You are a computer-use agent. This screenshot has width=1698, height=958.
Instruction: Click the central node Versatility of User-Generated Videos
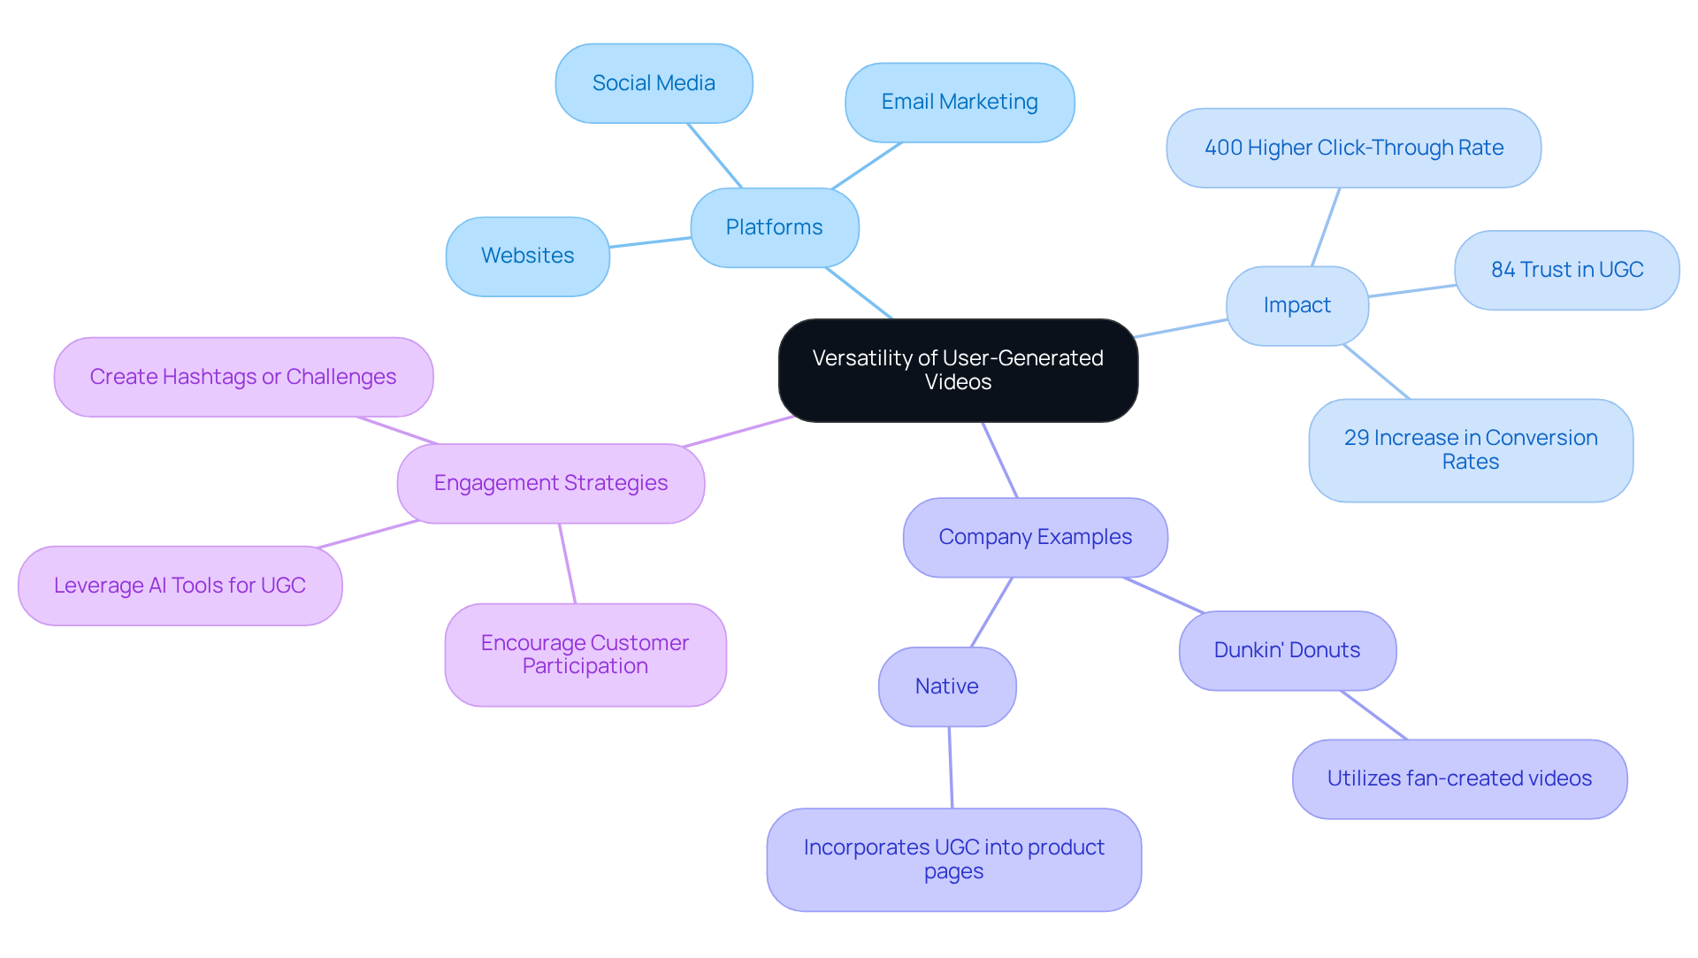[x=958, y=370]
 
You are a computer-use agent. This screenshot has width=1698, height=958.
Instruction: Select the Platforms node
[x=774, y=227]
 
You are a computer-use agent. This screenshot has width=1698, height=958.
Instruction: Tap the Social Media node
[x=654, y=83]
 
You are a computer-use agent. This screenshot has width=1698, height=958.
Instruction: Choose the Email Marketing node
[x=960, y=102]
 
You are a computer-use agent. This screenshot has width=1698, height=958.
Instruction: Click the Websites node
[x=527, y=256]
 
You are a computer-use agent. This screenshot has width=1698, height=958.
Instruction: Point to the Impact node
[x=1296, y=305]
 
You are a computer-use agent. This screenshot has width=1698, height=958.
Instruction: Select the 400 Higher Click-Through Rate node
[x=1353, y=148]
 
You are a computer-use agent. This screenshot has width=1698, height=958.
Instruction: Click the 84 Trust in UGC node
[x=1566, y=270]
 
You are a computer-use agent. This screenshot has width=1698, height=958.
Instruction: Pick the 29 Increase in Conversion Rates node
[x=1470, y=449]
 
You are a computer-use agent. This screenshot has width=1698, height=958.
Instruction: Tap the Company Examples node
[x=1035, y=537]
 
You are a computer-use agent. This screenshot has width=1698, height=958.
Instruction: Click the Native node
[x=946, y=686]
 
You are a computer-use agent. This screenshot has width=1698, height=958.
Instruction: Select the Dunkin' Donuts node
[x=1287, y=650]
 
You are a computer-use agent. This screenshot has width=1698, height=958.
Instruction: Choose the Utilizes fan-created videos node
[x=1459, y=778]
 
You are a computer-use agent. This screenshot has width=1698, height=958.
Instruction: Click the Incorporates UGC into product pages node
[x=953, y=859]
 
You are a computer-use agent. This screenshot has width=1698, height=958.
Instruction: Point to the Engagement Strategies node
[x=550, y=483]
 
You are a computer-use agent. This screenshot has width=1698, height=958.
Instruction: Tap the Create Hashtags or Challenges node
[x=242, y=377]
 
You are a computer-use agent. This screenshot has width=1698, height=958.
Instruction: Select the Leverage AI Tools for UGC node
[x=180, y=586]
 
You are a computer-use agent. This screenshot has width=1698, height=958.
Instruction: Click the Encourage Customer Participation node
[x=585, y=655]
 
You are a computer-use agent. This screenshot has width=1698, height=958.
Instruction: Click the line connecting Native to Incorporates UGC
[x=951, y=767]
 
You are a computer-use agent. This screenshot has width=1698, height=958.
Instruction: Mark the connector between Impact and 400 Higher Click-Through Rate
[x=1326, y=226]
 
